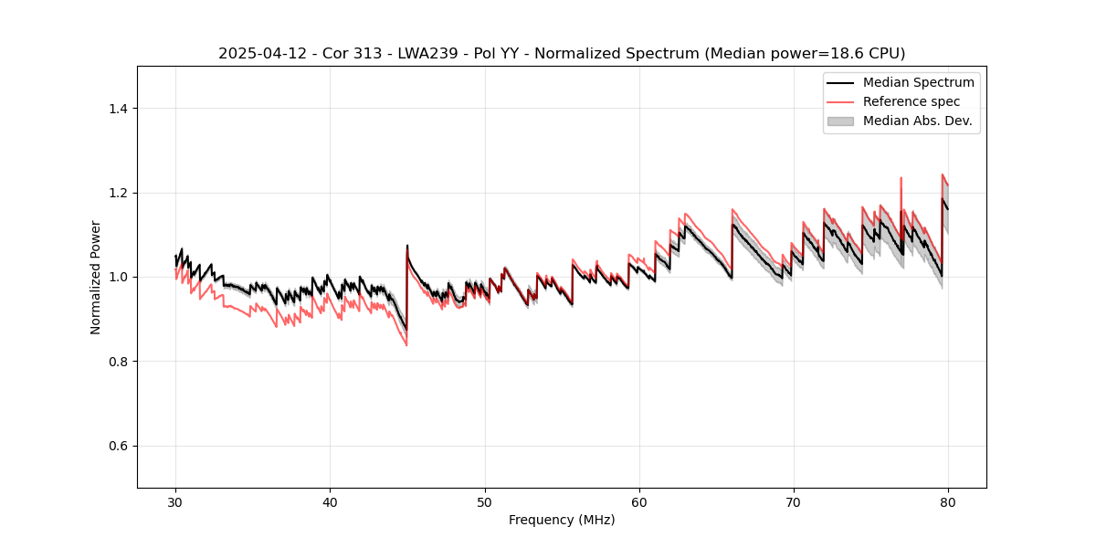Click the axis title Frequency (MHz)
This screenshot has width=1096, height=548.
pyautogui.click(x=562, y=520)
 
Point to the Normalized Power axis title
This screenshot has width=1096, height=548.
pyautogui.click(x=95, y=277)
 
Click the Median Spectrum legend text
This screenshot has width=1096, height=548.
pyautogui.click(x=918, y=82)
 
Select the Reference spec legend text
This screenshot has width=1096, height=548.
pyautogui.click(x=911, y=101)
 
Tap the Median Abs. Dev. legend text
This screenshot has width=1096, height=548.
pyautogui.click(x=917, y=121)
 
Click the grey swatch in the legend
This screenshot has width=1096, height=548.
pyautogui.click(x=840, y=121)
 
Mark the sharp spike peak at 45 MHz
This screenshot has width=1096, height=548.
pyautogui.click(x=407, y=245)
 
